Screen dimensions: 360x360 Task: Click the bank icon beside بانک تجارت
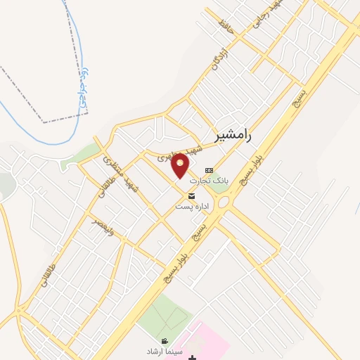pyautogui.click(x=209, y=171)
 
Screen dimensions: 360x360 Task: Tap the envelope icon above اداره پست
pyautogui.click(x=191, y=196)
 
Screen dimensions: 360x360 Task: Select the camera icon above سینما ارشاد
pyautogui.click(x=165, y=341)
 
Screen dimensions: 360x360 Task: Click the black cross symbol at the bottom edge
pyautogui.click(x=193, y=357)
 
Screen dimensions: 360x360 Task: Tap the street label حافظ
pyautogui.click(x=225, y=27)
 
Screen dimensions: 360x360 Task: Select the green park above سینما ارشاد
pyautogui.click(x=163, y=314)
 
